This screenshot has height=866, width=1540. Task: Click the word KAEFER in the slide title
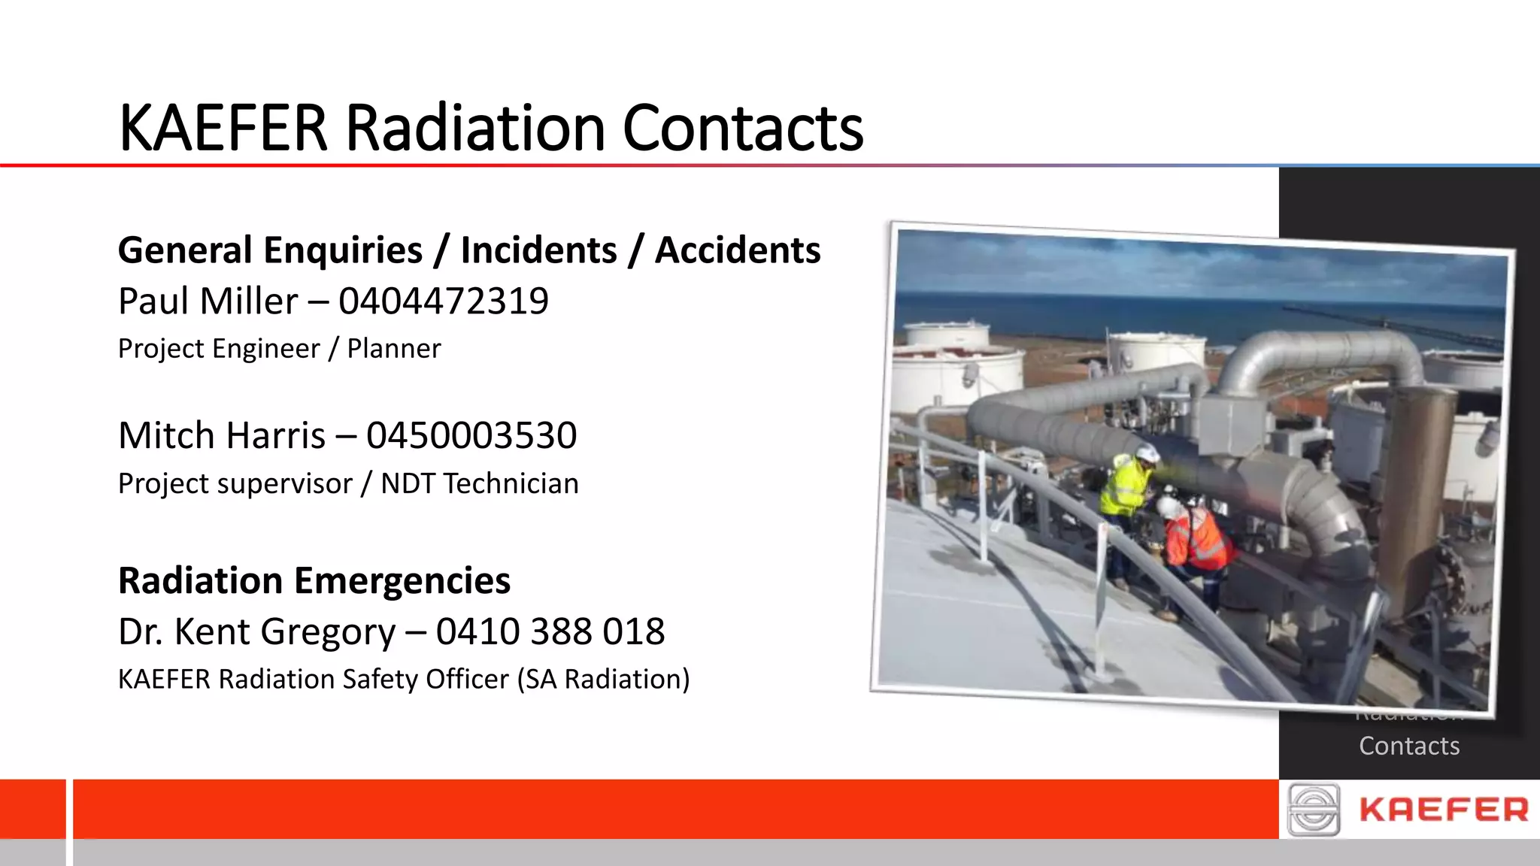[223, 129]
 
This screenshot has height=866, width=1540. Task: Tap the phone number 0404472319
[444, 301]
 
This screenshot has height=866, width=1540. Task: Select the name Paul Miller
[208, 301]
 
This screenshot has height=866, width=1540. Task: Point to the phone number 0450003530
[471, 436]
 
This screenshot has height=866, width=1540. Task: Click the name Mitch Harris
[222, 436]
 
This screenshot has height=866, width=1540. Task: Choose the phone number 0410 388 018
[550, 631]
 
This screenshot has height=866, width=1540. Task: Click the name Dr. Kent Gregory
[256, 631]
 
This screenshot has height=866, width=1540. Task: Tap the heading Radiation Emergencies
[314, 581]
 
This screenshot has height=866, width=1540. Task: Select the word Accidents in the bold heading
[738, 250]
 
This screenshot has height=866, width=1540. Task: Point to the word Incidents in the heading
[538, 250]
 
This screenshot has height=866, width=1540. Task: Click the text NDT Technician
[480, 484]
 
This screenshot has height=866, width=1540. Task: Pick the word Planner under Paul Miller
[394, 349]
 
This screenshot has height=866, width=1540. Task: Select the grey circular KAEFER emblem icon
[1313, 810]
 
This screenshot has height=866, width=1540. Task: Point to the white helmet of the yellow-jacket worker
[1147, 453]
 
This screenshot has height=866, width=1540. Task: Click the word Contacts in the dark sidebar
[1409, 746]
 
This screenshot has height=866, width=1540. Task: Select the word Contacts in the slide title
[743, 129]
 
